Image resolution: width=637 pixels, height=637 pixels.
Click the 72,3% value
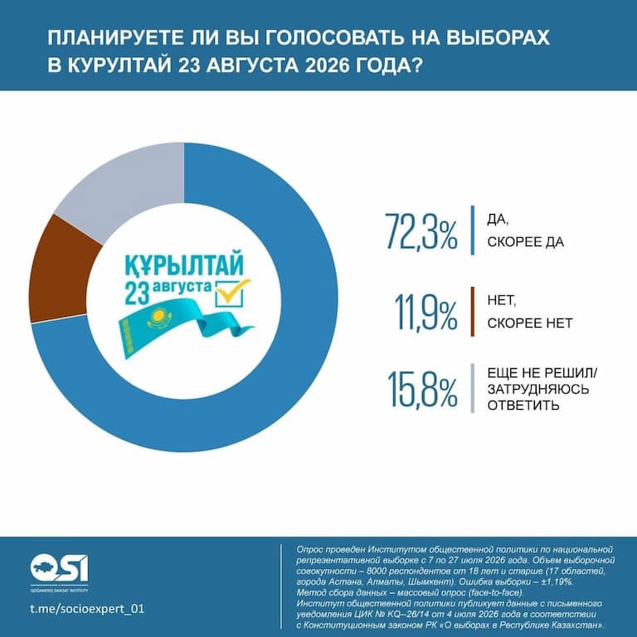421,231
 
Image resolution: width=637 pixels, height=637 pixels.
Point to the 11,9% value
425,312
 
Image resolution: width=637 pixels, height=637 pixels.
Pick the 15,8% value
423,388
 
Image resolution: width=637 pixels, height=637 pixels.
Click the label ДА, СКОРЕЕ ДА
525,231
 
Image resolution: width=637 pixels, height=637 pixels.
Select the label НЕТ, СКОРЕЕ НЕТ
530,312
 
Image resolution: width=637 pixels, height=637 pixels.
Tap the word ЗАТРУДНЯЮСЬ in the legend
537,389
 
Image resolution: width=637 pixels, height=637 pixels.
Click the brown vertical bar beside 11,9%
473,312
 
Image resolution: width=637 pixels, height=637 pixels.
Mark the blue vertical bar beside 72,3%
473,231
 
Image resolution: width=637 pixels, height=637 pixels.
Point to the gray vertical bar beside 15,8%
473,388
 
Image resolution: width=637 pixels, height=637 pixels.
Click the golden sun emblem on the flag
158,318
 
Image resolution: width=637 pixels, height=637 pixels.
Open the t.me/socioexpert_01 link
87,609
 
